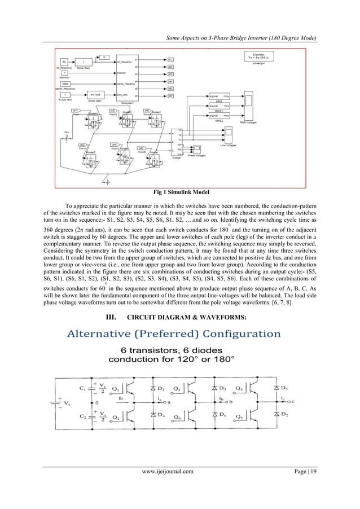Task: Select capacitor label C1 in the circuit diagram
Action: (x=83, y=388)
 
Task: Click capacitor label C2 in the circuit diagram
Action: (x=83, y=417)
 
